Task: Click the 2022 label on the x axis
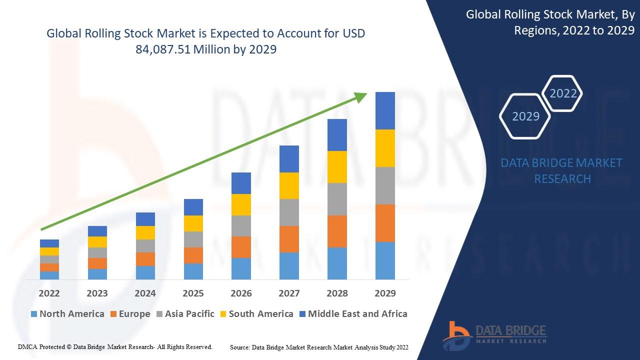point(49,293)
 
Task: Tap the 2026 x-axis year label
point(241,293)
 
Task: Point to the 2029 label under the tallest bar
point(385,293)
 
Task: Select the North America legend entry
point(67,314)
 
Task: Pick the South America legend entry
point(256,314)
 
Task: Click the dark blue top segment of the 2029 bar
point(385,110)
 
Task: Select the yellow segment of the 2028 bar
point(337,167)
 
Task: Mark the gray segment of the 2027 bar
point(289,212)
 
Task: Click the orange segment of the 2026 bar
point(241,247)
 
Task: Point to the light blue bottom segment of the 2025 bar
point(193,271)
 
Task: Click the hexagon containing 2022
point(563,93)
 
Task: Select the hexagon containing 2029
point(526,116)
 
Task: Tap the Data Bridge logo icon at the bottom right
point(456,335)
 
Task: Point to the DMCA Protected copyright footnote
point(115,346)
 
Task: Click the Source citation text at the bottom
point(319,347)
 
